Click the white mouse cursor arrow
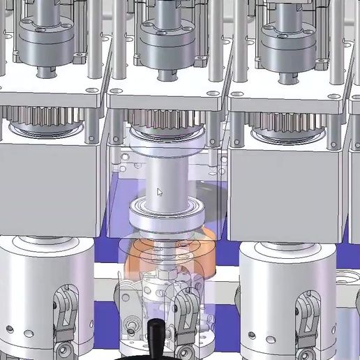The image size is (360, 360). (160, 192)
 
